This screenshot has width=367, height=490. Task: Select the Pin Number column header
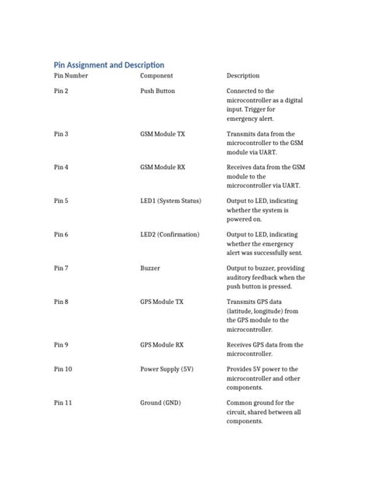[70, 76]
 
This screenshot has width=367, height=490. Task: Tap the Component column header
[156, 76]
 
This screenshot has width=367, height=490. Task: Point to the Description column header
[243, 76]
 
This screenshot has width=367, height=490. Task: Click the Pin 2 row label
[61, 91]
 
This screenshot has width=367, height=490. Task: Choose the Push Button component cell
[157, 91]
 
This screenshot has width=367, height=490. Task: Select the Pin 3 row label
[61, 134]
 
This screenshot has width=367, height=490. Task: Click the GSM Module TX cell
[163, 134]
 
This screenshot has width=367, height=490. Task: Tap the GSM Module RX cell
[163, 167]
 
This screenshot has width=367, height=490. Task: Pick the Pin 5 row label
[61, 201]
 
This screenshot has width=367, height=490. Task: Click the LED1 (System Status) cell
[170, 201]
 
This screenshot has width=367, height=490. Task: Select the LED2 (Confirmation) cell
[170, 234]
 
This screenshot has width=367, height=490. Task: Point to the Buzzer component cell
[150, 268]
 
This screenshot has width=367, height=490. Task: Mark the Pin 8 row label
[61, 302]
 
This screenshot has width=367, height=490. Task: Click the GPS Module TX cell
[162, 302]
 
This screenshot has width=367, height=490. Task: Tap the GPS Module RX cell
[162, 344]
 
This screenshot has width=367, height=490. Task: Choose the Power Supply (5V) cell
[166, 369]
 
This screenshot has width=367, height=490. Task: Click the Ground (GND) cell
[161, 403]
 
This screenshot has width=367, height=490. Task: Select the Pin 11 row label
[63, 403]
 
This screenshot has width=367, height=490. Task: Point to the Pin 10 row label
[63, 369]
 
